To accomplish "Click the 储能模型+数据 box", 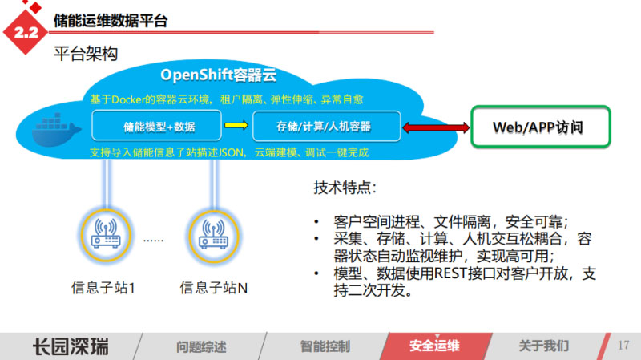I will pyautogui.click(x=159, y=126).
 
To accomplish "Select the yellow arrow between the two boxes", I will pyautogui.click(x=235, y=126).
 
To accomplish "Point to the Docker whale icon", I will pyautogui.click(x=54, y=131).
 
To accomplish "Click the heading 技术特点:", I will pyautogui.click(x=344, y=189).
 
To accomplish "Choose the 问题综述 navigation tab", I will pyautogui.click(x=201, y=346).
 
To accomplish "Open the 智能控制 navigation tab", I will pyautogui.click(x=325, y=346).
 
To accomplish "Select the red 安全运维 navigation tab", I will pyautogui.click(x=434, y=346).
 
